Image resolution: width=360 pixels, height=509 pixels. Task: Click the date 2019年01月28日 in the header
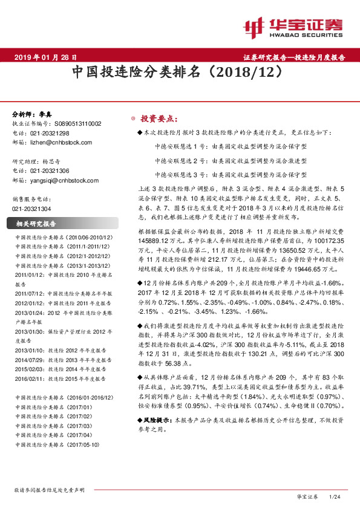45,58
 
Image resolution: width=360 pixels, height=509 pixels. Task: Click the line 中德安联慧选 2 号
230,161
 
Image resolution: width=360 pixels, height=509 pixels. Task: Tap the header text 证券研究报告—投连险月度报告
294,58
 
